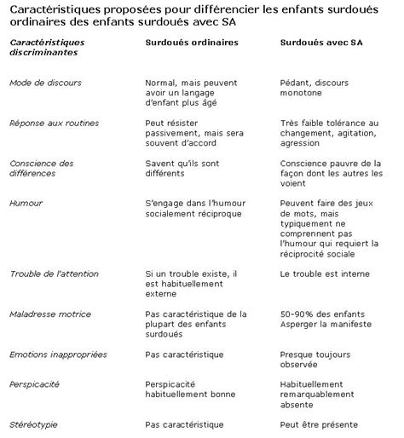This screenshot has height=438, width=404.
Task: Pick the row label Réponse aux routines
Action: click(x=54, y=124)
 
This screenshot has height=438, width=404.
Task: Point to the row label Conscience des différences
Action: click(x=42, y=169)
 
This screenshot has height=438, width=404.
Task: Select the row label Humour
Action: click(x=26, y=205)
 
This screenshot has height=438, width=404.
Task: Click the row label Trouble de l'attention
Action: click(x=55, y=274)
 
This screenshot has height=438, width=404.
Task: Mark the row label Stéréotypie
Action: click(x=34, y=422)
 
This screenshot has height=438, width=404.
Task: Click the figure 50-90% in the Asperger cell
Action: click(x=294, y=314)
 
